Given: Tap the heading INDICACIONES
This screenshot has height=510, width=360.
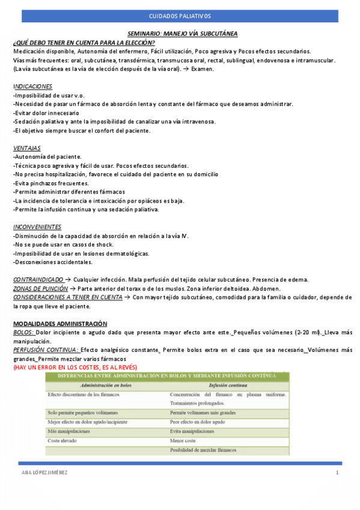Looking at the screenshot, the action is point(32,87).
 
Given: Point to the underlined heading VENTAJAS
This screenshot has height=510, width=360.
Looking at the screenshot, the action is point(27,147).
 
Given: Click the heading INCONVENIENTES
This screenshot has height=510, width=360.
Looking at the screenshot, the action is point(37,227).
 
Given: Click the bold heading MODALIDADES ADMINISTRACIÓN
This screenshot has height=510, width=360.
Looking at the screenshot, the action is point(60,324).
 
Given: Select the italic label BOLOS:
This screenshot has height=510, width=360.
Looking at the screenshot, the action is point(23,332).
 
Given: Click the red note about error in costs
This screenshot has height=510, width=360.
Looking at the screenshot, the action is point(75,367).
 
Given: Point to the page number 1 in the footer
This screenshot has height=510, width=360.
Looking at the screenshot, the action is point(338,473).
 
